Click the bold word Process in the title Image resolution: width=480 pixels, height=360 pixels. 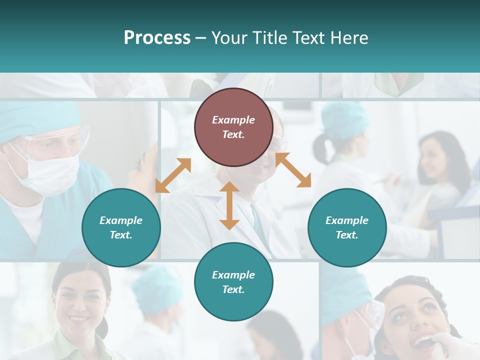click(157, 38)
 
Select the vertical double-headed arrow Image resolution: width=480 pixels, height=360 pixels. click(229, 205)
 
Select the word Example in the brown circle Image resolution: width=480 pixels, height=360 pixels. click(233, 120)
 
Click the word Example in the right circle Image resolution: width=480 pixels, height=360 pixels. click(347, 220)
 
